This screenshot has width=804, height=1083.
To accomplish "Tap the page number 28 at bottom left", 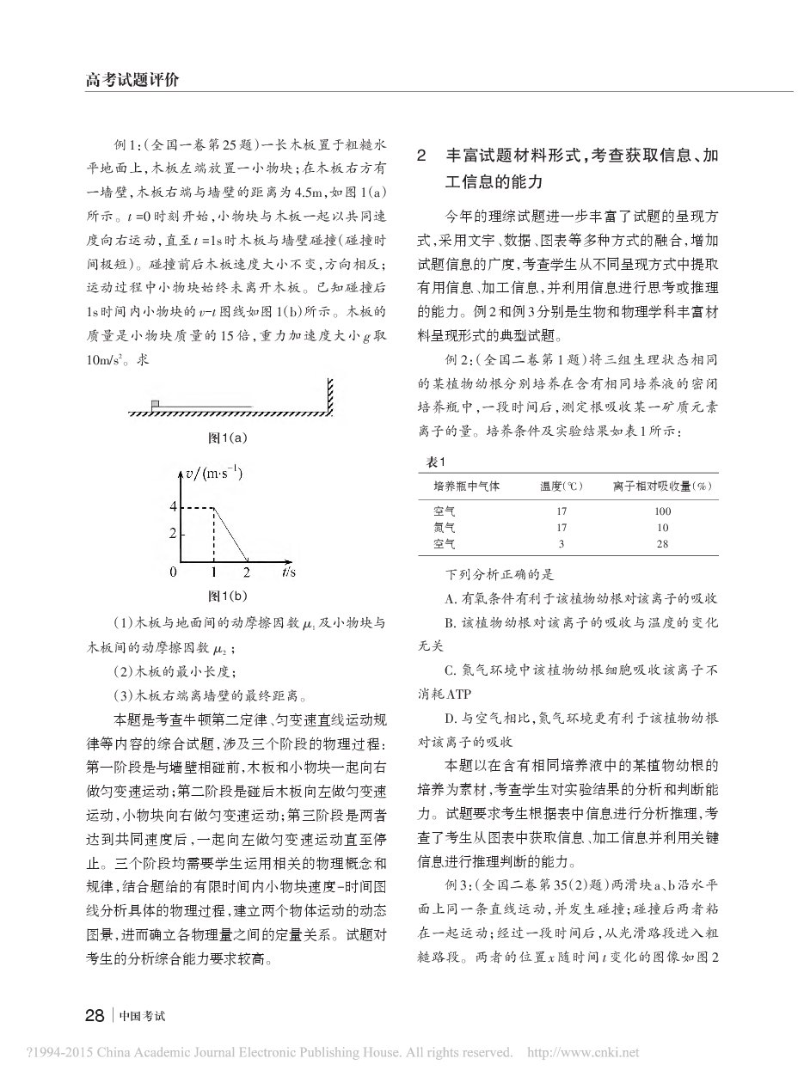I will coord(95,1014).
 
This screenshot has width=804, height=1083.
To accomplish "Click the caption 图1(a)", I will coord(228,437).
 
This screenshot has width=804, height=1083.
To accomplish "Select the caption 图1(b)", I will coord(228,595).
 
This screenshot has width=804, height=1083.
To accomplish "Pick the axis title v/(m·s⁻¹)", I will coord(214,474).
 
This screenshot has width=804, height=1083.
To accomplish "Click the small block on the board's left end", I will coord(155,403).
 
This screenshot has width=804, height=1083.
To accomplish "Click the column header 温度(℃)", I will coord(561,486).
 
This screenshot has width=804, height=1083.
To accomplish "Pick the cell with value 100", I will coord(662,511).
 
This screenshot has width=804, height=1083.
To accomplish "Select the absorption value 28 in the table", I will coord(662,543).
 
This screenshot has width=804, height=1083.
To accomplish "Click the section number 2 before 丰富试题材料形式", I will coord(421,156).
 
